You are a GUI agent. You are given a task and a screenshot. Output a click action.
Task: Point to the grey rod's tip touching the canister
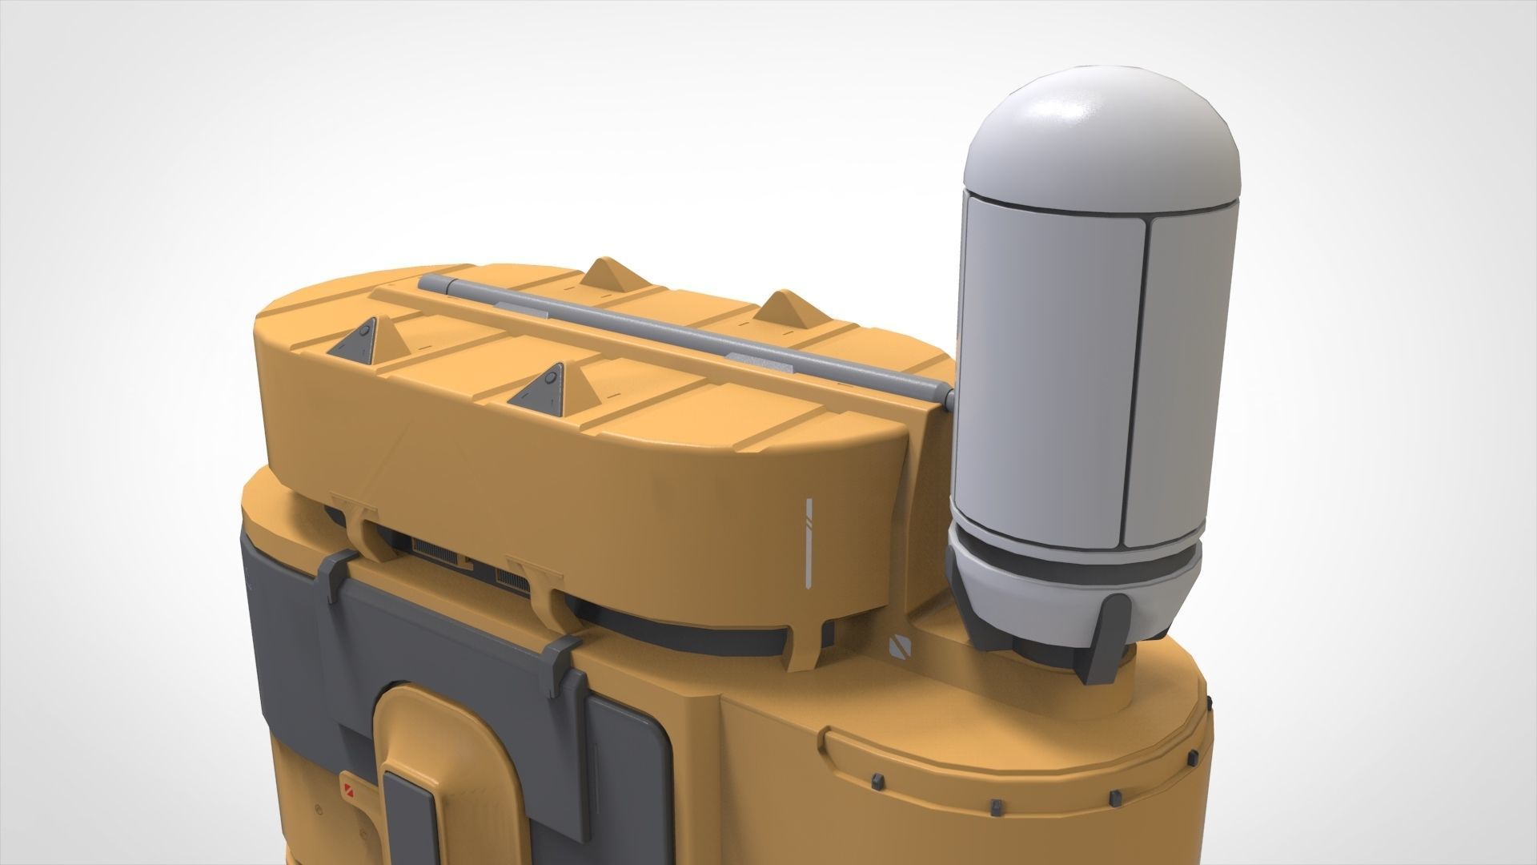[949, 396]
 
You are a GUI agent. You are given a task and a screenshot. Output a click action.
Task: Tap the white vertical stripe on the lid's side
[809, 541]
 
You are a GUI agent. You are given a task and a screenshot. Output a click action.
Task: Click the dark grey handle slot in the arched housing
[408, 817]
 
